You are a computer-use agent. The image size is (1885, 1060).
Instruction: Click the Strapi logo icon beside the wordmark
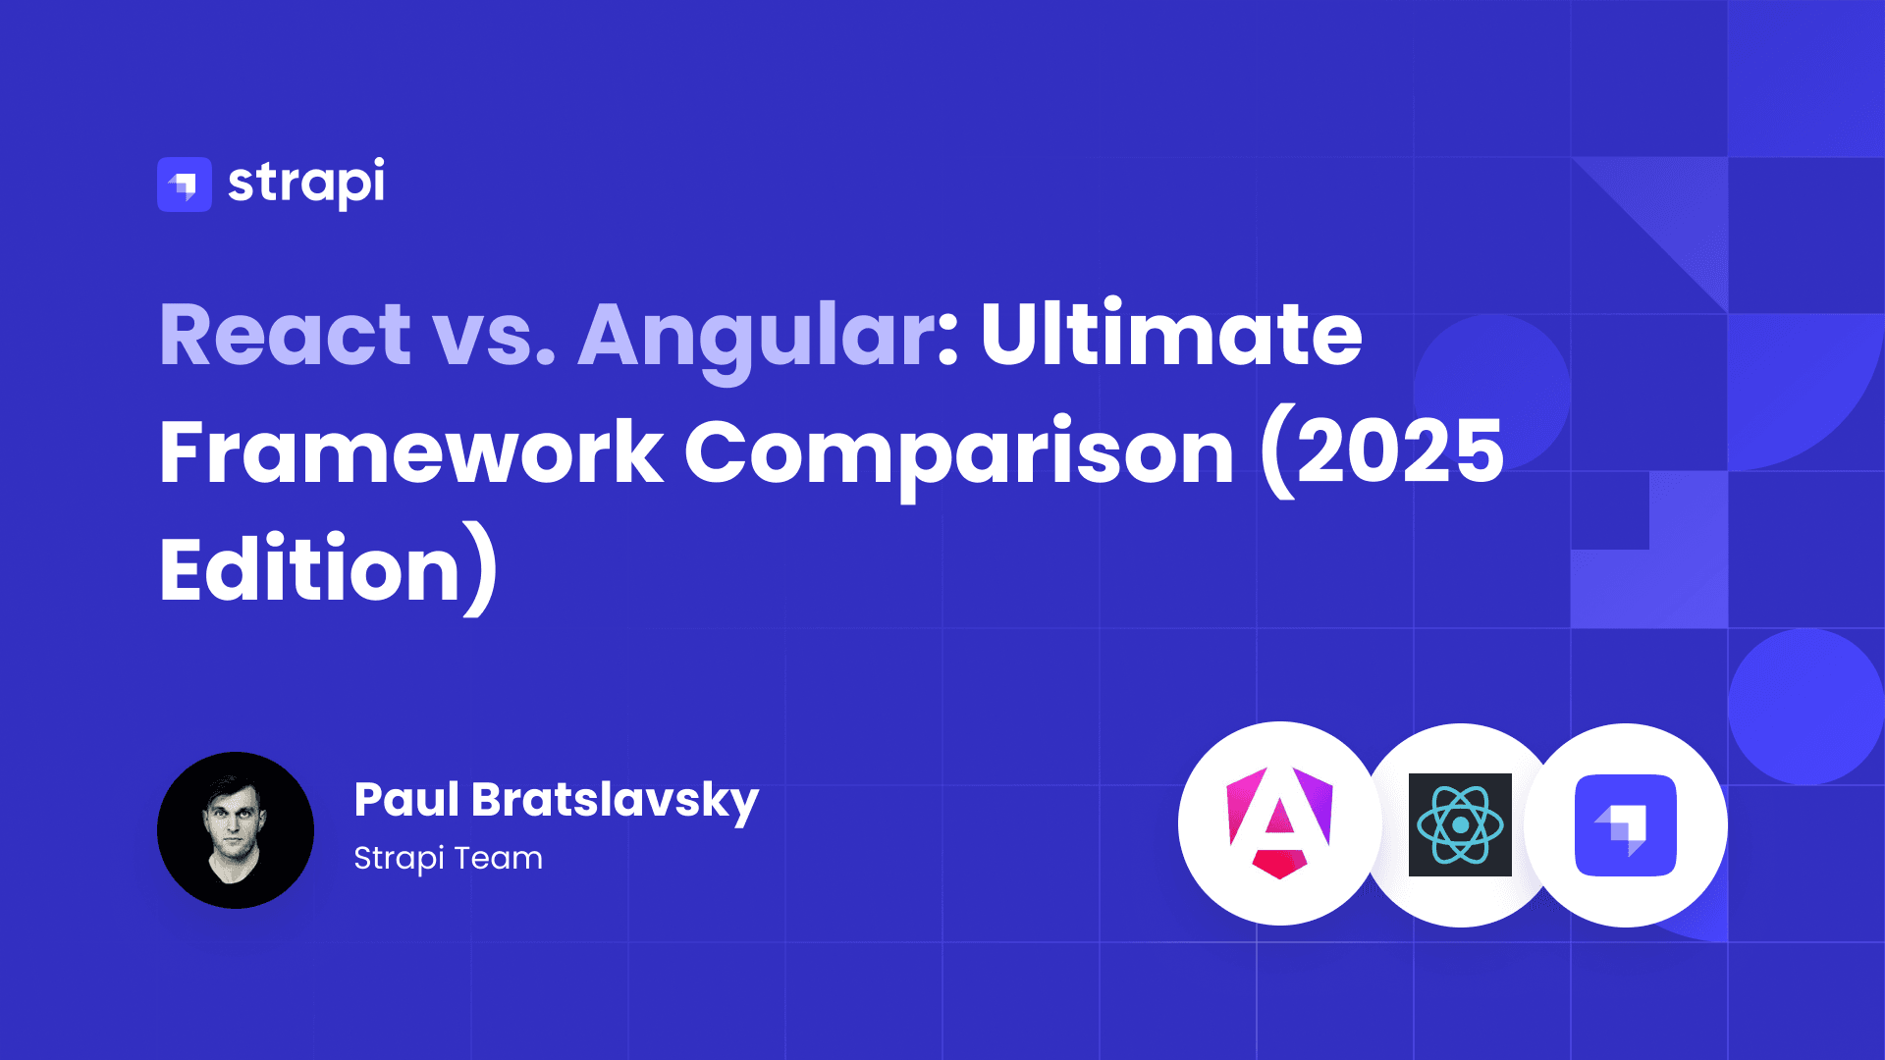(x=185, y=185)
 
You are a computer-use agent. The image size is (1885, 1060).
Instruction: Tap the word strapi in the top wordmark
(x=306, y=184)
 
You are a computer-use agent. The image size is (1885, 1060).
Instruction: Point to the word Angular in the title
(x=758, y=340)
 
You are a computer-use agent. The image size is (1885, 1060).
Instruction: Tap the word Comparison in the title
(x=959, y=457)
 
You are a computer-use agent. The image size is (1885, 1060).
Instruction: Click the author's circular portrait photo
(x=236, y=830)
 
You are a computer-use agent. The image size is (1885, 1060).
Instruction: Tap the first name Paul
(x=406, y=799)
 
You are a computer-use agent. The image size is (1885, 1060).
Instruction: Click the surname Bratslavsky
(x=616, y=803)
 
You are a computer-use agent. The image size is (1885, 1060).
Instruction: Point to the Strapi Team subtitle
(x=448, y=859)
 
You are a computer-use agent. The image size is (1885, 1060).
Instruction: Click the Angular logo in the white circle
(x=1280, y=822)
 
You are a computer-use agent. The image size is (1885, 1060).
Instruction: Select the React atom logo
(x=1460, y=824)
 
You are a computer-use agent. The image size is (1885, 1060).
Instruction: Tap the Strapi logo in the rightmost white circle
(x=1626, y=825)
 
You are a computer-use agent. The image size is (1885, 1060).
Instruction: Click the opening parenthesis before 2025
(x=1277, y=453)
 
